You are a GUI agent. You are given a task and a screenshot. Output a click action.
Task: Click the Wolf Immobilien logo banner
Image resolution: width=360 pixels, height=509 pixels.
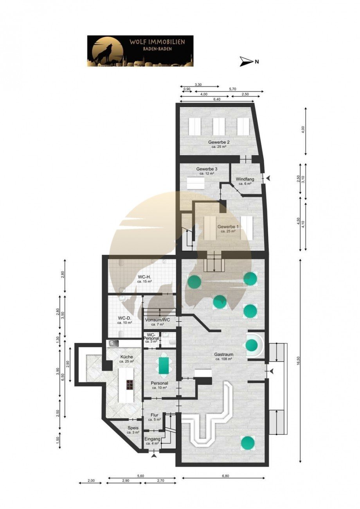pyautogui.click(x=140, y=51)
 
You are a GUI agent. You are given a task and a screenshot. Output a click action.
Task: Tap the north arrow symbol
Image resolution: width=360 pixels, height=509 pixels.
pyautogui.click(x=247, y=61)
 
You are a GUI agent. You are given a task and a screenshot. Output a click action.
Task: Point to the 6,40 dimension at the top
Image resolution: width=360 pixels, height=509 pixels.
pyautogui.click(x=217, y=99)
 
